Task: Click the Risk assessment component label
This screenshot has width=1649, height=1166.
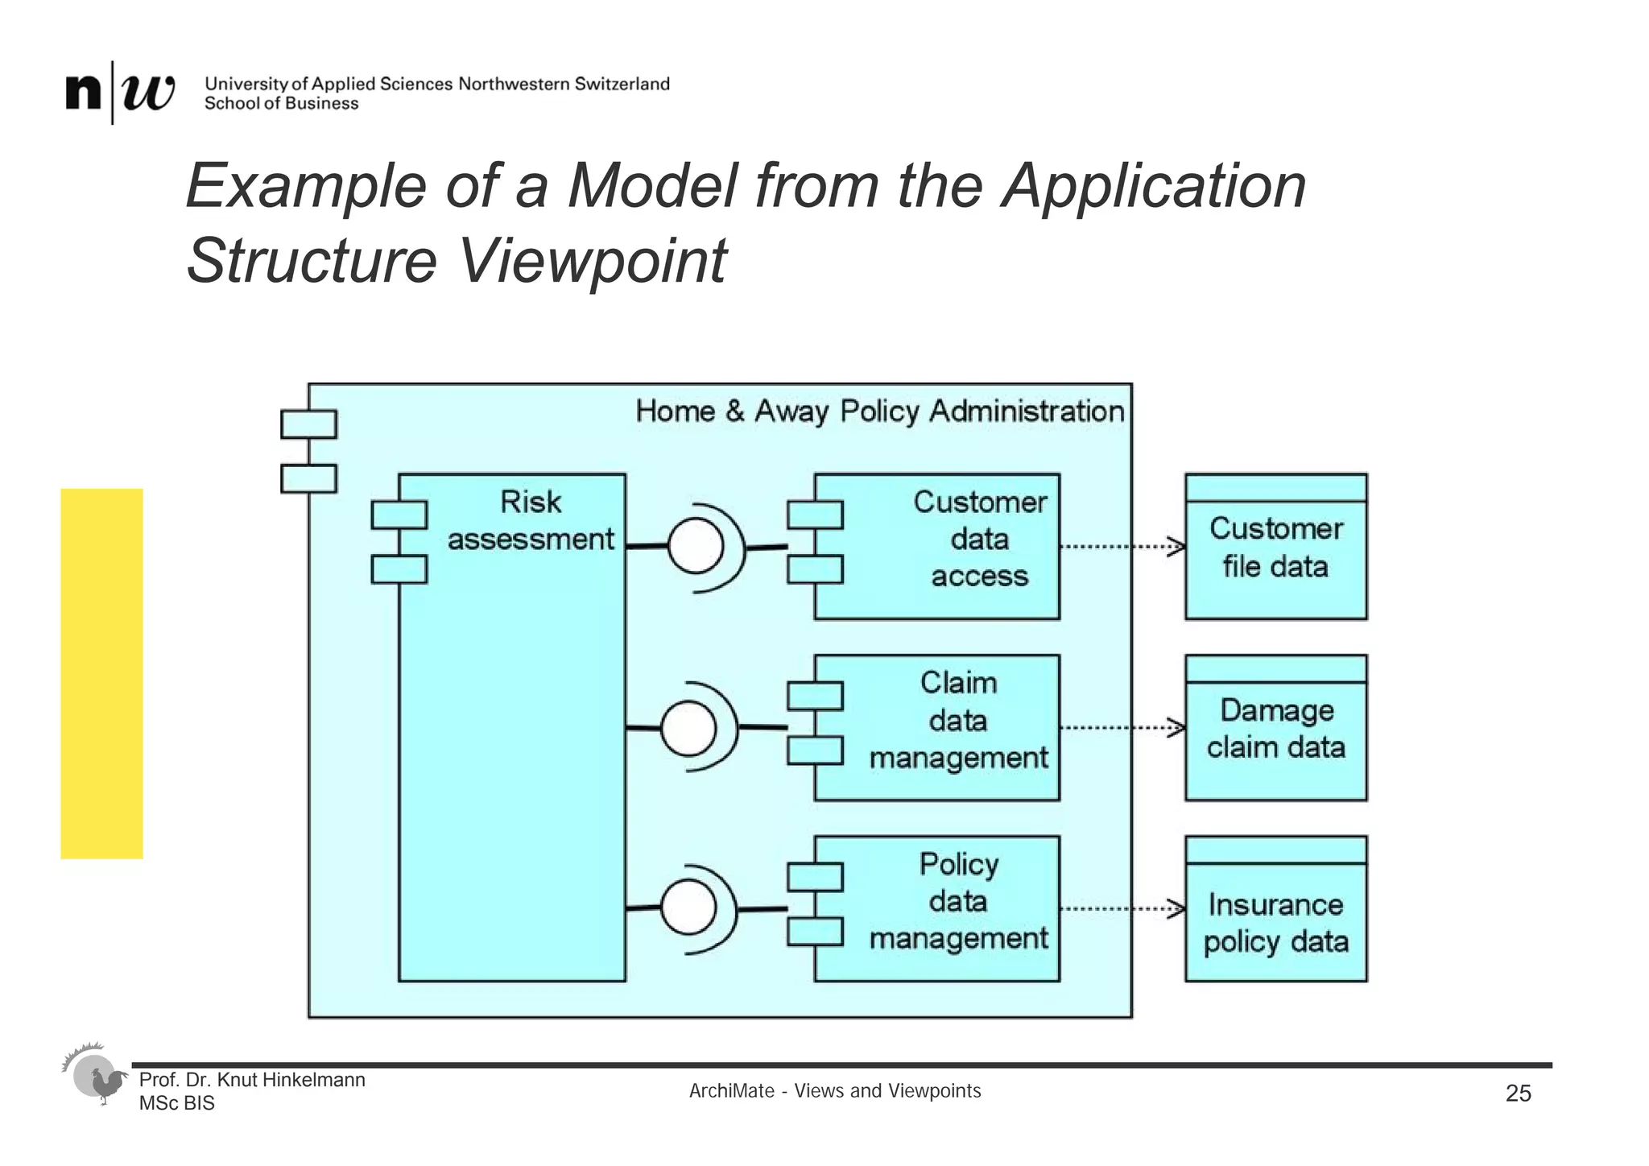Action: [x=530, y=521]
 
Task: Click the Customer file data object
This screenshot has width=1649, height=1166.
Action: [x=1275, y=548]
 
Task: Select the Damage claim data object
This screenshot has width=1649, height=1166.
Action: [x=1275, y=729]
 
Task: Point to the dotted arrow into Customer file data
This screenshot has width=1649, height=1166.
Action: [x=1122, y=547]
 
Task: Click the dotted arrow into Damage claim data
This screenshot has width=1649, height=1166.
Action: [x=1122, y=728]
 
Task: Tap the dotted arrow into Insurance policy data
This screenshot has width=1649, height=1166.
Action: [x=1122, y=909]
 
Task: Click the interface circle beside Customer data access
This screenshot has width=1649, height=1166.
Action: [x=696, y=547]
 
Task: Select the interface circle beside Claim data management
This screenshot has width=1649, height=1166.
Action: [x=688, y=728]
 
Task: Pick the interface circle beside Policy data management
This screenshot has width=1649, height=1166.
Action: [x=688, y=908]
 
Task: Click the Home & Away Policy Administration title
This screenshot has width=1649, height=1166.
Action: [x=879, y=411]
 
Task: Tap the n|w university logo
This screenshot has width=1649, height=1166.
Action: [x=120, y=93]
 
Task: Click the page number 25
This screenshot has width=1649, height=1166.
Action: [x=1518, y=1094]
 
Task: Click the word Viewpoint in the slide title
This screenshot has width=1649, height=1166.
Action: [x=592, y=261]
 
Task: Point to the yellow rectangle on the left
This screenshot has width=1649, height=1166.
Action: [x=101, y=673]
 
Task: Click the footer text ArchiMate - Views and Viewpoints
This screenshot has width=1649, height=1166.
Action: [x=835, y=1091]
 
